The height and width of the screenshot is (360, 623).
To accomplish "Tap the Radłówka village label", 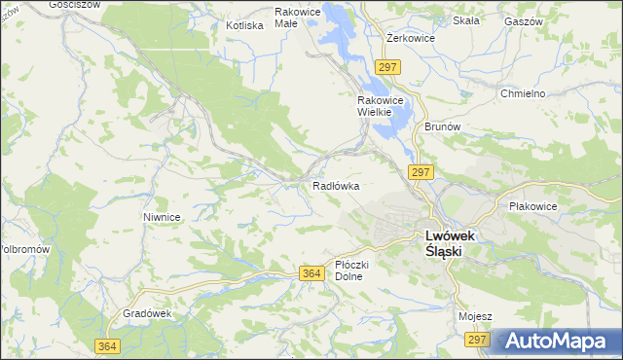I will coord(337,185).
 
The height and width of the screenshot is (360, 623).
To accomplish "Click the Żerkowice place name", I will coord(410,38).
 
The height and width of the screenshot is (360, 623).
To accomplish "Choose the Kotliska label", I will coord(244,25).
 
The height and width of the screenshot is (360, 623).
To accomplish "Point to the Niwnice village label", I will coord(162,217).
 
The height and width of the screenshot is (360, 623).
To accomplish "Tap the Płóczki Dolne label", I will coord(348,270).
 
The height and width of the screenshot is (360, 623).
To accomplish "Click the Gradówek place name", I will coord(147,313).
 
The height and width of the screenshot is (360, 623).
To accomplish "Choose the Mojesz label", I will coord(475,316).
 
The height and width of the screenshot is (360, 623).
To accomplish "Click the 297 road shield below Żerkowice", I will coord(387,66).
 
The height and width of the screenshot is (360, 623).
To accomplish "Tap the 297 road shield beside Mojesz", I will coord(476,340).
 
